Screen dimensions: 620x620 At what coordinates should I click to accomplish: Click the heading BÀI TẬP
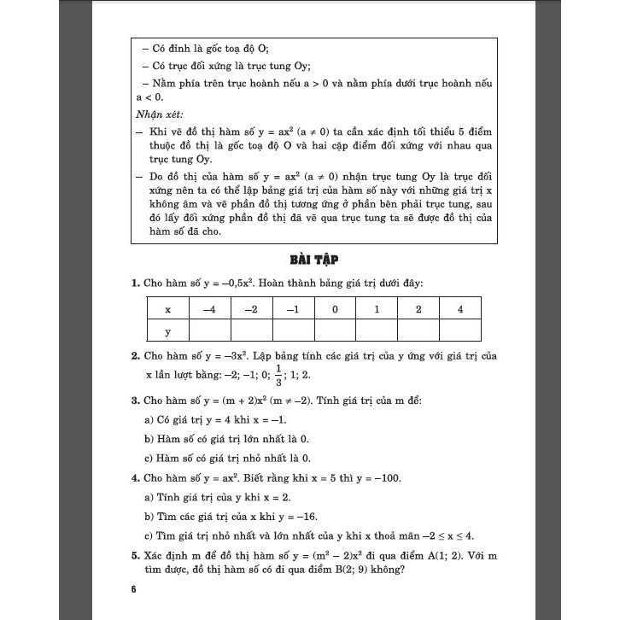click(x=309, y=260)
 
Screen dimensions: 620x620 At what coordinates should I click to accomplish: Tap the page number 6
click(x=134, y=590)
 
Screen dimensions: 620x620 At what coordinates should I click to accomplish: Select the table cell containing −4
click(x=209, y=309)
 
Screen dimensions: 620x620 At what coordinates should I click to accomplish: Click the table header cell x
click(x=167, y=309)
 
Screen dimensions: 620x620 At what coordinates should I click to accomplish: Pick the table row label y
click(x=167, y=331)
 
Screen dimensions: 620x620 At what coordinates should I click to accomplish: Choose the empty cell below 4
click(x=460, y=331)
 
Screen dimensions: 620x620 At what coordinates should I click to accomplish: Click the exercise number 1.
click(x=135, y=283)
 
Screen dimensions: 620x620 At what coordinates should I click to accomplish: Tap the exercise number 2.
click(x=135, y=354)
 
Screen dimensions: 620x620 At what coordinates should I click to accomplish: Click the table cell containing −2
click(x=251, y=309)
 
